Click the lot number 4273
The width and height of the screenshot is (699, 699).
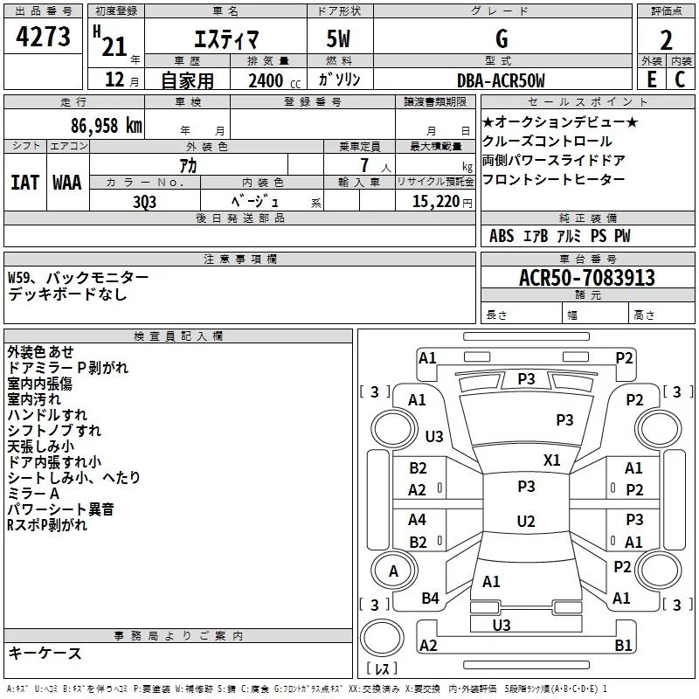[43, 37]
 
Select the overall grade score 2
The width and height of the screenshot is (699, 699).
[666, 40]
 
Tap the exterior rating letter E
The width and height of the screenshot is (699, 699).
[651, 80]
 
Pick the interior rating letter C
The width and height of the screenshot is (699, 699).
[680, 80]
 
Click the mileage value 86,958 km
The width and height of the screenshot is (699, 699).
[107, 126]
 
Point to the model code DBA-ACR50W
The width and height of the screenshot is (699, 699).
[501, 80]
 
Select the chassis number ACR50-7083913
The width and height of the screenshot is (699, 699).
[587, 278]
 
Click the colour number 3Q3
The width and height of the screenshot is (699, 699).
[144, 202]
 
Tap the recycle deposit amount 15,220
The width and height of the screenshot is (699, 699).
[435, 202]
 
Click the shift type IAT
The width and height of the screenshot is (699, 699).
[24, 183]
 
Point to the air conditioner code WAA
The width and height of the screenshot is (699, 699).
[67, 183]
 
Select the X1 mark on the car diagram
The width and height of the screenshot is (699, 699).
[551, 460]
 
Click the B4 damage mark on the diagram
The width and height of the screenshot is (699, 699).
[430, 598]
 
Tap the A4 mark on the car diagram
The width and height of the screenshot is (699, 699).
[417, 519]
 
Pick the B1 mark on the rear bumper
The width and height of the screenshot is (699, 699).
[623, 645]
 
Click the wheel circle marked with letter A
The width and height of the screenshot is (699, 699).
[393, 571]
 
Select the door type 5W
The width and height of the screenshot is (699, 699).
[338, 38]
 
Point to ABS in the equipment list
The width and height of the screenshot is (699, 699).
[502, 236]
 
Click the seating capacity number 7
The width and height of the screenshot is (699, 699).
[364, 165]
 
